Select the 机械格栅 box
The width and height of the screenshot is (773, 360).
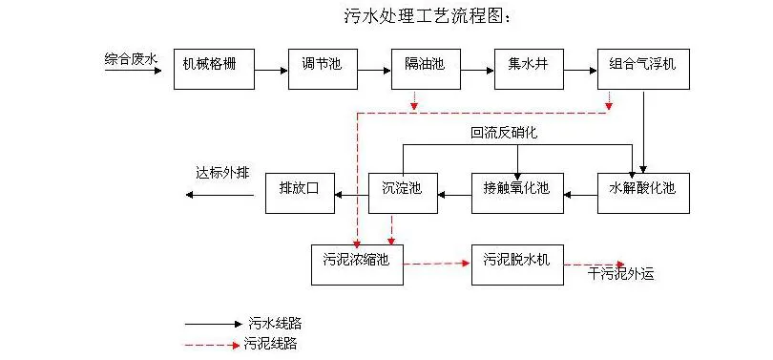(x=217, y=69)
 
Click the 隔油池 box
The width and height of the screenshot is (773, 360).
(x=425, y=69)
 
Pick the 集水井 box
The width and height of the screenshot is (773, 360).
(x=527, y=69)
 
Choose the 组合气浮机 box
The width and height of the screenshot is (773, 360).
(x=642, y=69)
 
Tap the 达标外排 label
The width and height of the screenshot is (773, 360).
(x=222, y=173)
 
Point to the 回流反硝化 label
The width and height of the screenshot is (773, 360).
(x=503, y=133)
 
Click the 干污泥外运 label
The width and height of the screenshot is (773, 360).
(x=621, y=274)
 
